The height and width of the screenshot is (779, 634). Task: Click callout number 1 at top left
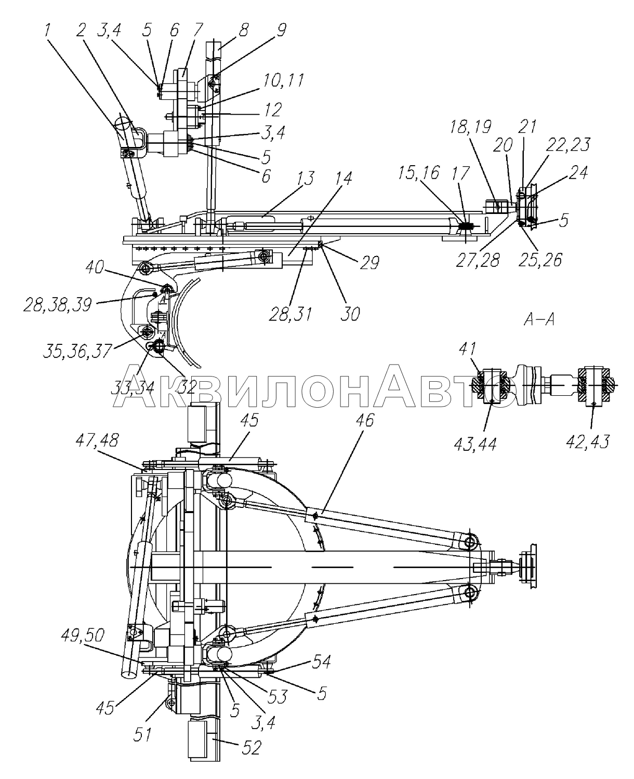click(47, 31)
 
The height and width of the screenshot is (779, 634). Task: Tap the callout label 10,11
click(282, 80)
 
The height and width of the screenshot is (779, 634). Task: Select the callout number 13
click(306, 178)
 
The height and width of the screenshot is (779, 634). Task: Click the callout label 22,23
click(567, 145)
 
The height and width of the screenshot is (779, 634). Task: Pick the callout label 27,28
click(478, 260)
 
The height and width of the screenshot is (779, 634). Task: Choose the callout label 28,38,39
click(58, 304)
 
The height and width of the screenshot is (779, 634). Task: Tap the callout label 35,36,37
click(77, 351)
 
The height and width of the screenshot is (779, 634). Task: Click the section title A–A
click(539, 319)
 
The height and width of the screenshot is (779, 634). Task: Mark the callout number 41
click(467, 349)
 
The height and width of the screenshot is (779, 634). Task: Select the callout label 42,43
click(588, 442)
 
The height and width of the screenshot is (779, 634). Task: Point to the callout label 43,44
click(475, 445)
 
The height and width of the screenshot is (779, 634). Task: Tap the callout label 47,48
click(97, 441)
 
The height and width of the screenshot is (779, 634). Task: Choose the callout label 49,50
click(83, 636)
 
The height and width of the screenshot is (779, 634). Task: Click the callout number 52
click(251, 748)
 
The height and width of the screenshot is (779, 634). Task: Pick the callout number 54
click(321, 662)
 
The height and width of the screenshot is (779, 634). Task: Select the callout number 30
click(350, 314)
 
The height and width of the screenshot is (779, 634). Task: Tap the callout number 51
click(142, 734)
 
